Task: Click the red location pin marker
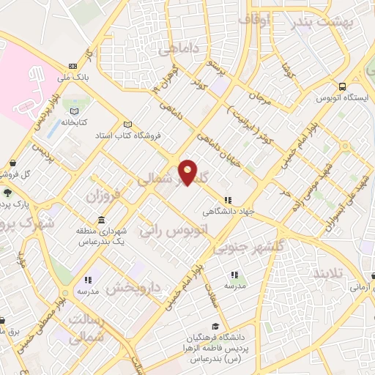pos(188,171)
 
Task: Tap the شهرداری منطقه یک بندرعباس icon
pos(100,220)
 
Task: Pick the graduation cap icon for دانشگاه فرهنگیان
pos(215,327)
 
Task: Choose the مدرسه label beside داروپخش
pos(88,292)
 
